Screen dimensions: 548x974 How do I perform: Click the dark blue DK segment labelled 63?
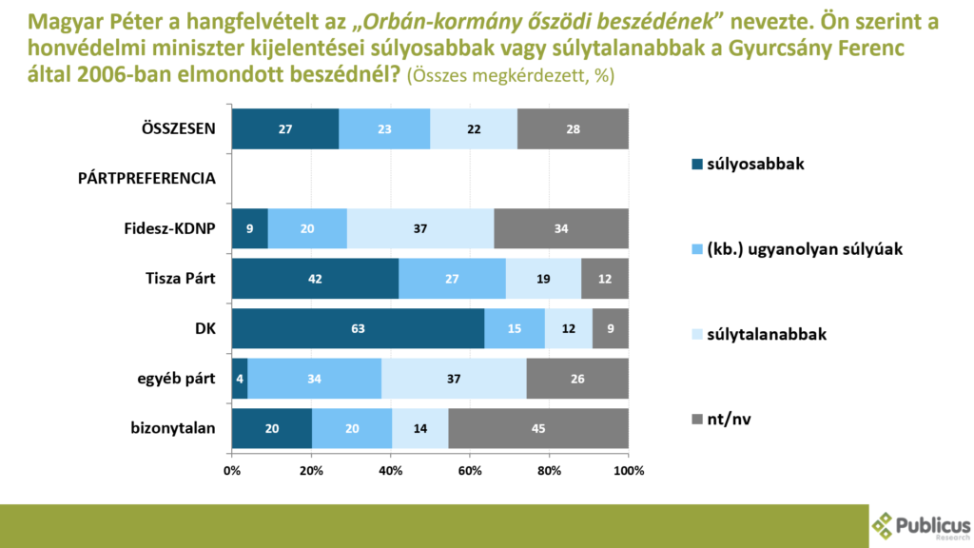tap(358, 328)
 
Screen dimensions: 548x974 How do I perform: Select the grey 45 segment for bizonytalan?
tap(538, 428)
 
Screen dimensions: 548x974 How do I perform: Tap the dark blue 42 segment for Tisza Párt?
tap(315, 278)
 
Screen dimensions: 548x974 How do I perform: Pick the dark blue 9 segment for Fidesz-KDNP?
tap(249, 228)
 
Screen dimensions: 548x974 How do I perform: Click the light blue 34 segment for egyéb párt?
tap(314, 379)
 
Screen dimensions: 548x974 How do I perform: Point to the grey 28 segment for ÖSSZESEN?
tap(573, 128)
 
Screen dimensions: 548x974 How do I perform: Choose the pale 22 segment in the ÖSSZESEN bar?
tap(474, 128)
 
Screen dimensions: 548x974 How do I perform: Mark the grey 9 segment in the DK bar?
tap(611, 328)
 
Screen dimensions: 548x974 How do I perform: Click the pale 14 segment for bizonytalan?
tap(421, 428)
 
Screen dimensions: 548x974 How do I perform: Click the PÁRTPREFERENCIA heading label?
tap(146, 179)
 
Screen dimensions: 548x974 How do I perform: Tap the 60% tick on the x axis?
tap(470, 470)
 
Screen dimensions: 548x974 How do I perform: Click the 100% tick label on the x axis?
tap(629, 470)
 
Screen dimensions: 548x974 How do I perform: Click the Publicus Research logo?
tap(921, 525)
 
